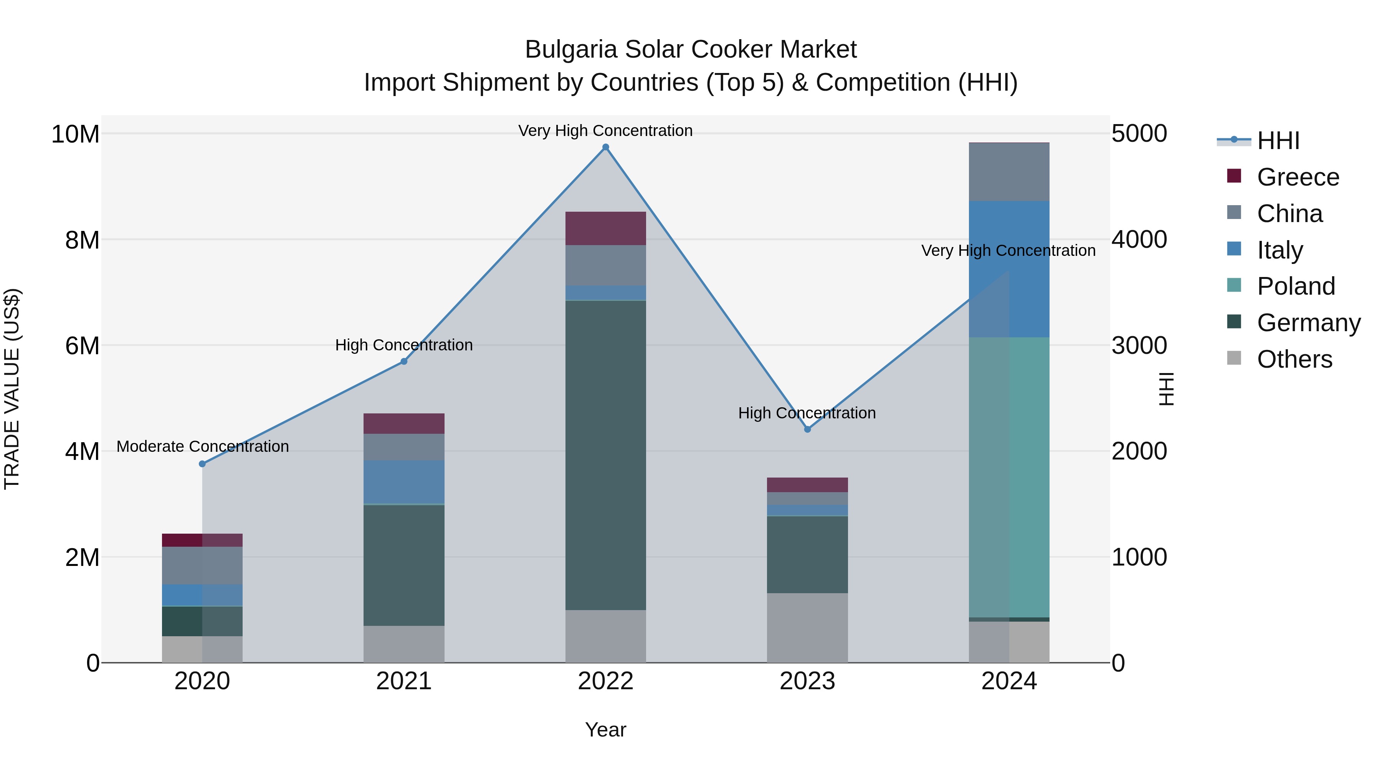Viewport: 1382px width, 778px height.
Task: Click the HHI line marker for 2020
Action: [x=202, y=464]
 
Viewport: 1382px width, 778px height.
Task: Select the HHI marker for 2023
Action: [x=807, y=429]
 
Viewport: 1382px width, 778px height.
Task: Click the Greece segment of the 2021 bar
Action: [x=403, y=424]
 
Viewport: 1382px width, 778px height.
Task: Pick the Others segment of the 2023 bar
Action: [x=807, y=628]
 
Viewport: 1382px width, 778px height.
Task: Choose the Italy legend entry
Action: [x=1280, y=250]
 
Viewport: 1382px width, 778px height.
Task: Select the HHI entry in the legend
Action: [x=1278, y=141]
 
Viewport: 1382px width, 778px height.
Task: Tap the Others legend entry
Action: [x=1294, y=359]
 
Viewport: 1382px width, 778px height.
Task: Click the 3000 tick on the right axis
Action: [x=1139, y=345]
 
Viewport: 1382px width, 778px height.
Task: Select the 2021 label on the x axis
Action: [x=403, y=681]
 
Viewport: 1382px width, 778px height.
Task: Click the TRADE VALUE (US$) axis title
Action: [x=12, y=389]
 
